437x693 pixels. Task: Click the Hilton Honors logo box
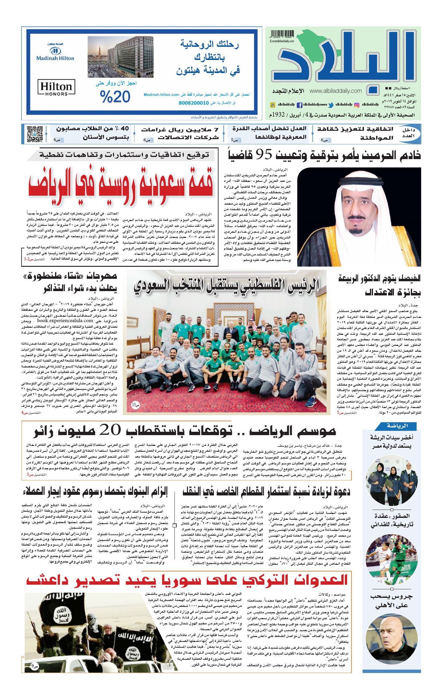(56, 88)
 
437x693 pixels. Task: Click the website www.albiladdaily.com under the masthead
(335, 91)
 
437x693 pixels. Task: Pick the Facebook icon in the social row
(299, 105)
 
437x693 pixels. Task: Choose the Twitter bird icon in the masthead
(331, 105)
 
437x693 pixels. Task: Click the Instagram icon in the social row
(357, 105)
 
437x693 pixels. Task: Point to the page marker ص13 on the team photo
(135, 404)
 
